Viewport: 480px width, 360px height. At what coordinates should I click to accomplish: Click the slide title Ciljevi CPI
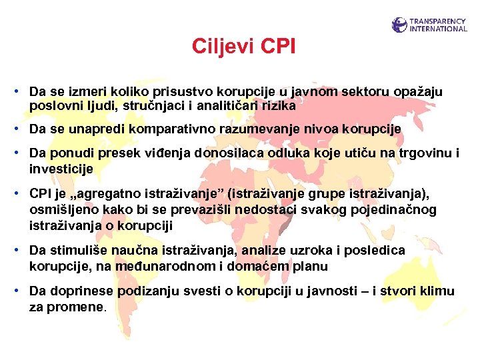[x=243, y=47]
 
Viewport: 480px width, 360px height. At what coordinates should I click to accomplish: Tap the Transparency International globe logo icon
[x=399, y=25]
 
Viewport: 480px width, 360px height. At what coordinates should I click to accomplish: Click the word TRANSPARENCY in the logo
[x=438, y=21]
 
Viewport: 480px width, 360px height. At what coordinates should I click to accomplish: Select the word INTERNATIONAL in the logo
[x=438, y=29]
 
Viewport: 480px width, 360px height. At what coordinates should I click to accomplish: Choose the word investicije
[x=61, y=169]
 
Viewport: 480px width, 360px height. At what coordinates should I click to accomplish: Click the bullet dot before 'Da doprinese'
[x=22, y=291]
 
